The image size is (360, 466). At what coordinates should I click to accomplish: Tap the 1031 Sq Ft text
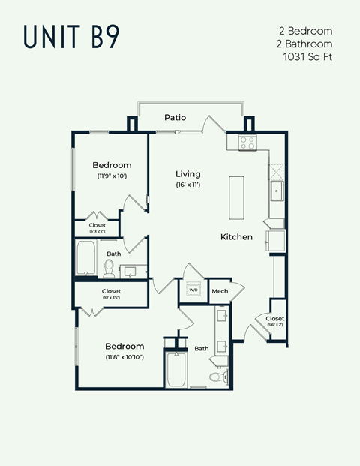coord(307,56)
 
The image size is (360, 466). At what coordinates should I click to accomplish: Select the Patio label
coord(175,118)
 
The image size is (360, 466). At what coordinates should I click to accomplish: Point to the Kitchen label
coord(236,237)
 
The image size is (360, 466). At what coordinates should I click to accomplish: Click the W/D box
coord(193,290)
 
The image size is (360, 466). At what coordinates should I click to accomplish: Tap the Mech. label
coord(220,290)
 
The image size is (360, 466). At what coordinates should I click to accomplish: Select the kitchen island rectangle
coord(237,197)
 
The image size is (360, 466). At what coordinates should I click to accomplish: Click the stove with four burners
coord(248,142)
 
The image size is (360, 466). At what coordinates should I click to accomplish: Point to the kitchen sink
coord(276,191)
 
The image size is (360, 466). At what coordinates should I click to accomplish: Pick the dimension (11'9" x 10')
coord(112,176)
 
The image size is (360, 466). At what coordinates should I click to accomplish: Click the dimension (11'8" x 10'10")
coord(124,357)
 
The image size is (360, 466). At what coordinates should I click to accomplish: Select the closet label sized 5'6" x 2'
coord(274,321)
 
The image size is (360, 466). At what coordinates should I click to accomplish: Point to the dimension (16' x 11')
coord(188,185)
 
